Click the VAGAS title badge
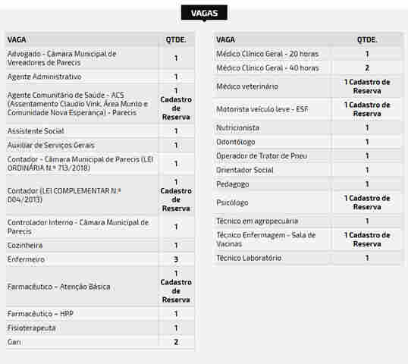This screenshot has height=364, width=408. click(204, 13)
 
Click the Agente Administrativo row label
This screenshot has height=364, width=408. click(44, 77)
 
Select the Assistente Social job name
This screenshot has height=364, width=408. click(36, 131)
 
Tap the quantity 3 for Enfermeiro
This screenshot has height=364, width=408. click(176, 259)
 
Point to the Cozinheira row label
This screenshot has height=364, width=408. click(25, 246)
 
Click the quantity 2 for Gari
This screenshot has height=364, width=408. click(176, 342)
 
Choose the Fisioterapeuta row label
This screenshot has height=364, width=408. click(31, 328)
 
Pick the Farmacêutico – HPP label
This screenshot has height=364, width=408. click(40, 314)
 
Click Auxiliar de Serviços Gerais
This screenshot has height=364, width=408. click(51, 145)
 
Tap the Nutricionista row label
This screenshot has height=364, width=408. click(237, 128)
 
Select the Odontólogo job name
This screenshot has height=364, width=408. click(236, 142)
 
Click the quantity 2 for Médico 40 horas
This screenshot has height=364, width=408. click(367, 67)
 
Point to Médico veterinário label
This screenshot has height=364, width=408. click(248, 86)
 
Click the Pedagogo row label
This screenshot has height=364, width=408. click(232, 184)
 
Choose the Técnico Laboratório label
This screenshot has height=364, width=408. click(249, 258)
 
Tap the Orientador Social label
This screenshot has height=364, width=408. click(245, 170)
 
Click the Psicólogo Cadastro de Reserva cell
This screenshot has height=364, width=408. click(367, 202)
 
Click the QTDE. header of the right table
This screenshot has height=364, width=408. click(367, 39)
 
